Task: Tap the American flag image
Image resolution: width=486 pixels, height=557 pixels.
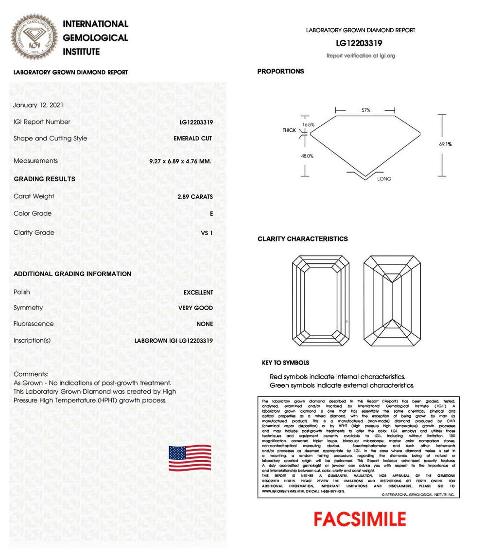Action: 190,458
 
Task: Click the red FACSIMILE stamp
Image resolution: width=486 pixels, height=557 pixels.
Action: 360,519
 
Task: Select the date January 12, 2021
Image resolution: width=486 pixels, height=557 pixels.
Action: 38,105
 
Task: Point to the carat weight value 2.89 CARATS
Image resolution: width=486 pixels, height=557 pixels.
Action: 195,197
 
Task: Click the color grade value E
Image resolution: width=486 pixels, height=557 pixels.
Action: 210,214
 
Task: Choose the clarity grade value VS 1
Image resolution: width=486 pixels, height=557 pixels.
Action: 207,233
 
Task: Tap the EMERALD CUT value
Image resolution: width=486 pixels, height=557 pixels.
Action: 192,139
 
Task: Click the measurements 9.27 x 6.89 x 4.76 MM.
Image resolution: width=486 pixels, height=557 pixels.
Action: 180,161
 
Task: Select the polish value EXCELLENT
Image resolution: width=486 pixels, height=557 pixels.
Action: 198,293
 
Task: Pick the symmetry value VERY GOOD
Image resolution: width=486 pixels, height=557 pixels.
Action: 195,308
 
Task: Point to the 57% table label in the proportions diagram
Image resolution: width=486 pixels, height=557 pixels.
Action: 365,110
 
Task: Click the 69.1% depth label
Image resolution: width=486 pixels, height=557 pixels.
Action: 446,144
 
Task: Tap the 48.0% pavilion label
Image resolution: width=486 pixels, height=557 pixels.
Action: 308,156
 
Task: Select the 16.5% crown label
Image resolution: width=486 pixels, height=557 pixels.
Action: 308,125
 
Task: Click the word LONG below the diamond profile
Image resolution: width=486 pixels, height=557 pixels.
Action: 384,179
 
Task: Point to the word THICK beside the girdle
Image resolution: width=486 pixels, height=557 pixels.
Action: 290,131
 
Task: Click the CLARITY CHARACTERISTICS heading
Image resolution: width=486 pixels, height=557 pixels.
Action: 302,239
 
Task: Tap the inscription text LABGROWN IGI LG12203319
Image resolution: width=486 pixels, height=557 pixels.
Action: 174,341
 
